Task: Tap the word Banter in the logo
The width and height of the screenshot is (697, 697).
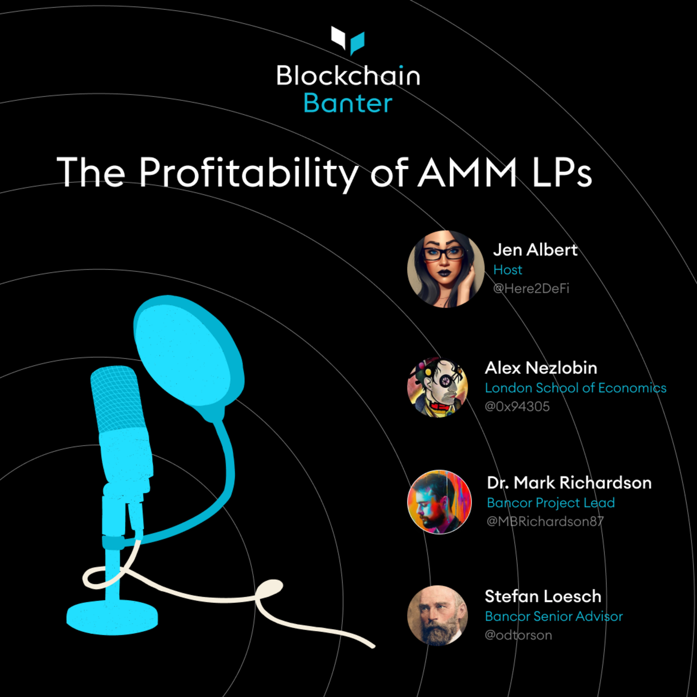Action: pyautogui.click(x=348, y=104)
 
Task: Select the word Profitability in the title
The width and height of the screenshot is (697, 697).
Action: pyautogui.click(x=249, y=172)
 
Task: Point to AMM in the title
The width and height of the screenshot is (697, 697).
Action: pyautogui.click(x=467, y=172)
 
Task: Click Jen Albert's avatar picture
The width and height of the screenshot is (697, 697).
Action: pyautogui.click(x=446, y=269)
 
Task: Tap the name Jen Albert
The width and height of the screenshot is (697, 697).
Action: pyautogui.click(x=535, y=250)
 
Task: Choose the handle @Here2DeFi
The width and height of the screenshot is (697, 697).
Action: pyautogui.click(x=531, y=289)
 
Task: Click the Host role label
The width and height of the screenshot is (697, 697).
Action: pyautogui.click(x=508, y=270)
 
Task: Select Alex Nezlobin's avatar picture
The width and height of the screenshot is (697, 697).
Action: pyautogui.click(x=437, y=387)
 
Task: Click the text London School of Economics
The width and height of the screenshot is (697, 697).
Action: pyautogui.click(x=575, y=388)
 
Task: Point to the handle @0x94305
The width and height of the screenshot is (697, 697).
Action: pyautogui.click(x=517, y=407)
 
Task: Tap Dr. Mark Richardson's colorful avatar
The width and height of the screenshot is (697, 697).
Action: pyautogui.click(x=439, y=501)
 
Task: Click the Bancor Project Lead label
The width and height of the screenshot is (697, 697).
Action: pyautogui.click(x=551, y=503)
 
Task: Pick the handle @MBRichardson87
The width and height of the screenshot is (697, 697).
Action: pyautogui.click(x=545, y=521)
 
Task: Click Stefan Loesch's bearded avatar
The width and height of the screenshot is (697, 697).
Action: pyautogui.click(x=437, y=615)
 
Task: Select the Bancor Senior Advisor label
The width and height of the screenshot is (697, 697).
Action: pyautogui.click(x=554, y=616)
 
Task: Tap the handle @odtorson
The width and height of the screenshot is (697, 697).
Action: pyautogui.click(x=518, y=635)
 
